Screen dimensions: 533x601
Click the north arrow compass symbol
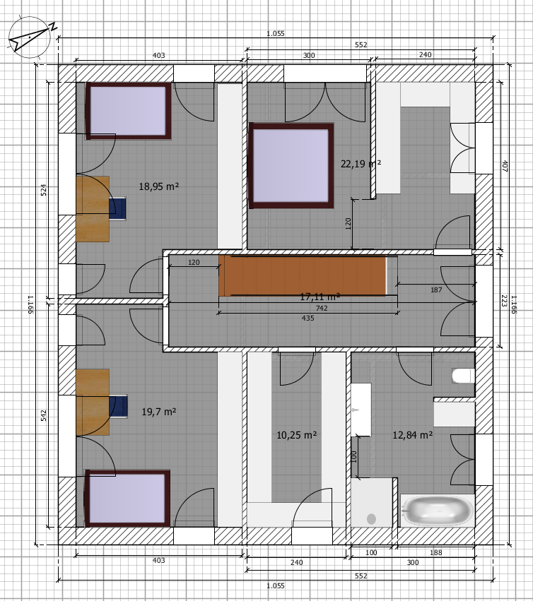pos(30,37)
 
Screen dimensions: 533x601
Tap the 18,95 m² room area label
pos(159,186)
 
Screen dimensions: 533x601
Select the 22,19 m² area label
pos(361,164)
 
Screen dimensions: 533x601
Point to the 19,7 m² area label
pos(159,412)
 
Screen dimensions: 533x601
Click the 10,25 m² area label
pos(297,435)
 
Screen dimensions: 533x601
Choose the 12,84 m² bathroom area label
pos(413,435)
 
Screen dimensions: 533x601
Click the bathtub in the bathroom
pos(438,511)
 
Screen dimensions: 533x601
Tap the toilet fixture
pos(463,376)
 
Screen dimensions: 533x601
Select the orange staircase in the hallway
pos(303,275)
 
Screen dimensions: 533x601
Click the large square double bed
pos(291,165)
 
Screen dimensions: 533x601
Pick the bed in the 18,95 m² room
pos(129,111)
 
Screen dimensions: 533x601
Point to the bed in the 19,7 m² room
pos(127,499)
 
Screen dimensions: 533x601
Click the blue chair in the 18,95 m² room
pos(118,208)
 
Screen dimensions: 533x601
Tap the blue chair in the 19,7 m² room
pos(118,406)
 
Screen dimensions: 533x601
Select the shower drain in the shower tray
pos(371,519)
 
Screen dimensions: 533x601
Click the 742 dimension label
pos(322,308)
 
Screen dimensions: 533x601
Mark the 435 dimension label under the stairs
pos(307,318)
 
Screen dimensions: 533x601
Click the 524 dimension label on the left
pos(44,190)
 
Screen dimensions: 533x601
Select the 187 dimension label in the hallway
pos(436,290)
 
